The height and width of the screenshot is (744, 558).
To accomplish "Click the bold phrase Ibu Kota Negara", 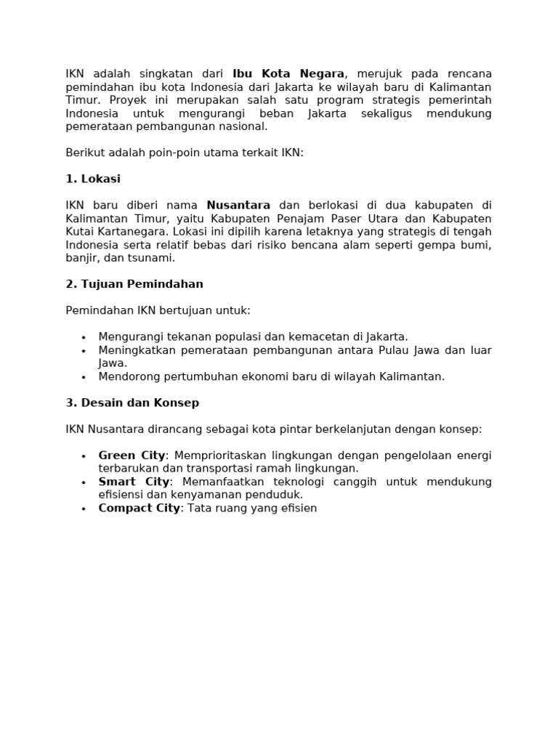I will point(288,74).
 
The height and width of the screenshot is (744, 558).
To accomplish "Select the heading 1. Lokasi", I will point(93,179).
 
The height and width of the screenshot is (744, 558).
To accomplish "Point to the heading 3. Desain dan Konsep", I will point(132,403).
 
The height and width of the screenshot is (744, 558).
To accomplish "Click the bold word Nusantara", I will point(238,206).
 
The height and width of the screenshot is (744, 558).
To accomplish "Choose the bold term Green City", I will point(132,456).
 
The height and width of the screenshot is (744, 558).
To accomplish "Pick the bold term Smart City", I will point(134,482).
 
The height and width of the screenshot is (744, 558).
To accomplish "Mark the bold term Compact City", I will point(139,508).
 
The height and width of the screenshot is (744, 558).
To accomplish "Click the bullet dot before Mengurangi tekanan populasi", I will point(84,337).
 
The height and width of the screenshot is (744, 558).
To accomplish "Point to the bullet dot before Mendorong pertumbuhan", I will point(84,377).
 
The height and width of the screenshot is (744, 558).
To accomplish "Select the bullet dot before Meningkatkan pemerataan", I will point(84,351).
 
